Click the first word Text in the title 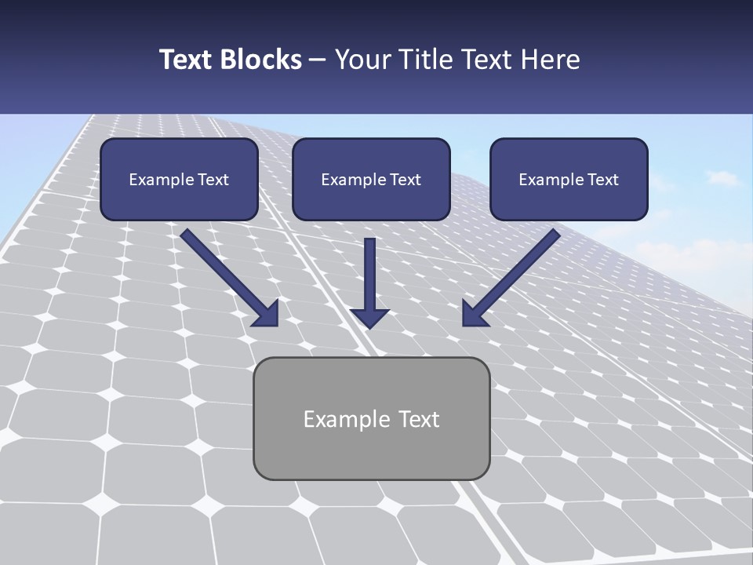(191, 60)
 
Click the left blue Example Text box (179, 179)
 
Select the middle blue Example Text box (371, 179)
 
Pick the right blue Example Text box (569, 179)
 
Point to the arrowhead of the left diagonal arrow (268, 315)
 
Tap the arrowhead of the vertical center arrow (369, 318)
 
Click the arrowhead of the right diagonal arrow (473, 315)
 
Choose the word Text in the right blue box (603, 180)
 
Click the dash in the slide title (318, 60)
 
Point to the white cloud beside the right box (718, 179)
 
